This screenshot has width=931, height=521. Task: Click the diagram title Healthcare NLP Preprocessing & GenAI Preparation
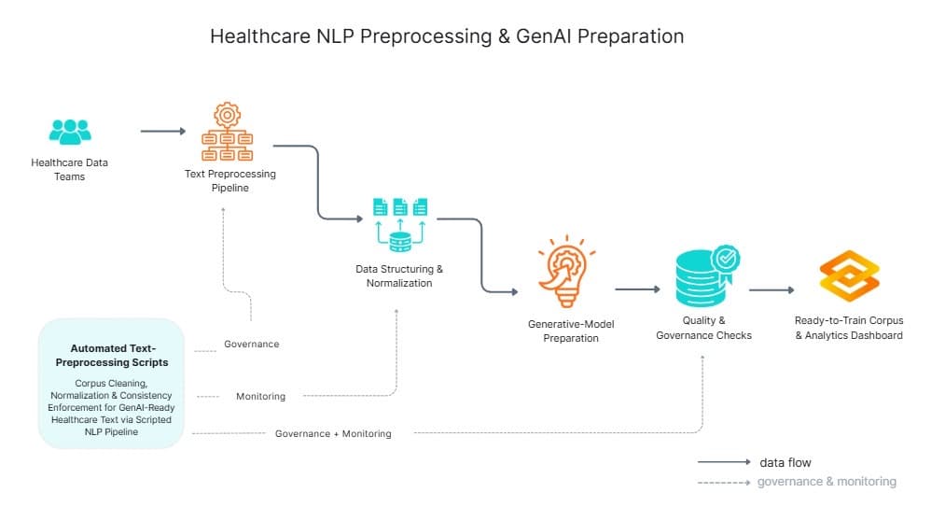pos(447,36)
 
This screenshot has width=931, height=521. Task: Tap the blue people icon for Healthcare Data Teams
pos(70,131)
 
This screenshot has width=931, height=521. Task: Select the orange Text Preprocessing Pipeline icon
pos(227,133)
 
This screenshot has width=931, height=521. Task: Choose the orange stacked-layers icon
pos(849,276)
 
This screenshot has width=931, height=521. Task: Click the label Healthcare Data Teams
pos(70,169)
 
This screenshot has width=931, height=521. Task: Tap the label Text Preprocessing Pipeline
pos(229,180)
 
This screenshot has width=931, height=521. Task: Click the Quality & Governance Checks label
pos(703,328)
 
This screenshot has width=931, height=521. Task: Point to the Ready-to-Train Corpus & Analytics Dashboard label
pos(848,328)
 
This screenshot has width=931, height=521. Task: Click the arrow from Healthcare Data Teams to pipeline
pos(163,132)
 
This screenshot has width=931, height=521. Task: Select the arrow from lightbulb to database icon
pos(636,289)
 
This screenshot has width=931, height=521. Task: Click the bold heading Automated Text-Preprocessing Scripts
pos(112,355)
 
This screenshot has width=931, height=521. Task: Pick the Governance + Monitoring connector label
pos(333,433)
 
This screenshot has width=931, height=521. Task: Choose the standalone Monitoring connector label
pos(260,396)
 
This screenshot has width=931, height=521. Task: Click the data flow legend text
pos(785,462)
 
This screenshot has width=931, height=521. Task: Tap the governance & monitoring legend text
pos(827,482)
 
